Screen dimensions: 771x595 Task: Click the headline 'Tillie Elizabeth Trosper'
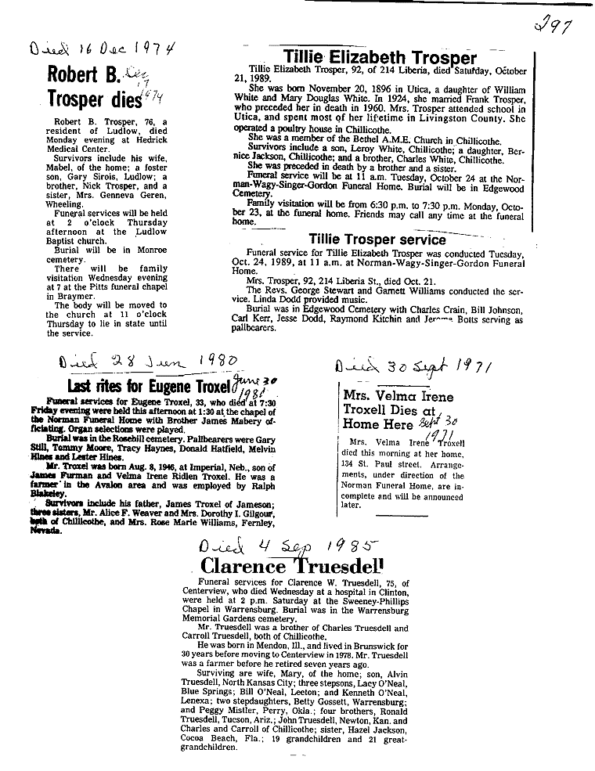coord(380,57)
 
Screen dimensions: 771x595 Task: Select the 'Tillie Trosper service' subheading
coord(377,239)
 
